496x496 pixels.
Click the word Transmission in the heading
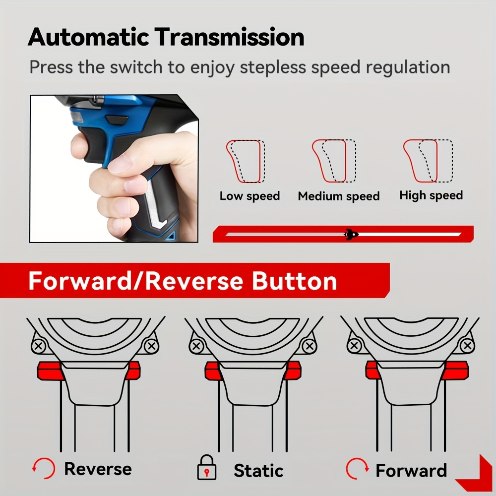coord(229,37)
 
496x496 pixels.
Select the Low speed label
coord(249,196)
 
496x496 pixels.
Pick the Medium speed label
coord(338,196)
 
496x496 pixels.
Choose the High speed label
coord(431,195)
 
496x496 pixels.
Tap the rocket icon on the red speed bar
coord(351,235)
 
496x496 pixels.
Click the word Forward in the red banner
coord(79,281)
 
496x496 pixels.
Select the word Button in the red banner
coord(294,281)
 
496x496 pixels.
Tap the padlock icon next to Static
coord(206,468)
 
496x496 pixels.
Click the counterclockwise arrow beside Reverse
coord(44,468)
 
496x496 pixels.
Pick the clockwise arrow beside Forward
coord(358,469)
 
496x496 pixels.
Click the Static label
coord(258,471)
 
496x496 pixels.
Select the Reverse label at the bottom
coord(98,469)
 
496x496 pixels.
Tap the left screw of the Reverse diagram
coord(39,346)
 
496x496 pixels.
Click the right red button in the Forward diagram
coord(454,370)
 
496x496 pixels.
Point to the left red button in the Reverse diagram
coord(51,371)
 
